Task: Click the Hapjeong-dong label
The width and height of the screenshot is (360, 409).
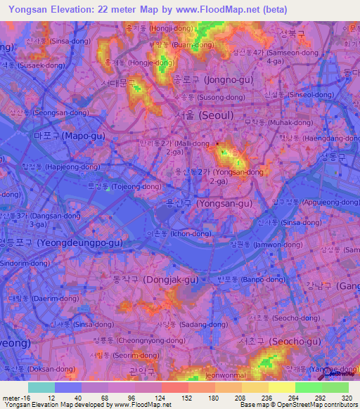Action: click(x=62, y=167)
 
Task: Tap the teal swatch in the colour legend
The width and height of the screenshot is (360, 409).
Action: click(x=41, y=387)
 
